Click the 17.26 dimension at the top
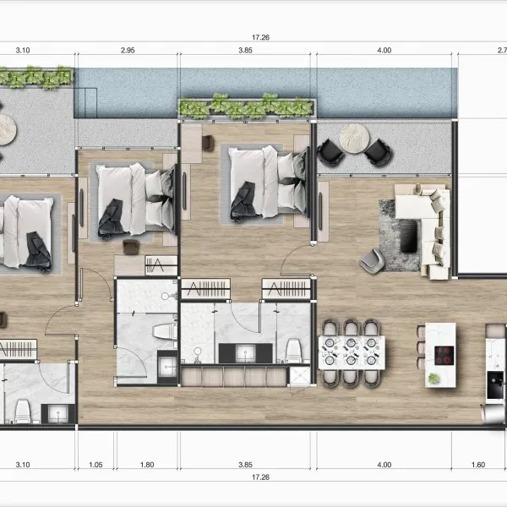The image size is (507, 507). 260,37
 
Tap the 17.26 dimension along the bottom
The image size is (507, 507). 260,477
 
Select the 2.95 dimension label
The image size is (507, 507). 128,51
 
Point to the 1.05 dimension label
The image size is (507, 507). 95,465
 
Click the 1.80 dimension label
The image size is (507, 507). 147,465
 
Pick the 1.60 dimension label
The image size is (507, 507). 478,465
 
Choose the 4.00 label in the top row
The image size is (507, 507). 384,51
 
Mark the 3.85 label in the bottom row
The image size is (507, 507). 245,465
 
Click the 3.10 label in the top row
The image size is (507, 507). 23,51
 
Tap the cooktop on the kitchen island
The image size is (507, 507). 444,356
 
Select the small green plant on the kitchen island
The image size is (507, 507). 433,378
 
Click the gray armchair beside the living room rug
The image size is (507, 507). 372,260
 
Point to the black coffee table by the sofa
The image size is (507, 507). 408,236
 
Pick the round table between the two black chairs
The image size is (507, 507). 354,139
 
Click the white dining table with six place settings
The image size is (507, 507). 352,352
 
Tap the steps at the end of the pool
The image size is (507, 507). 85,102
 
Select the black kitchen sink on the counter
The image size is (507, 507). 495,384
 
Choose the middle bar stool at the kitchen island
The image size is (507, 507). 421,347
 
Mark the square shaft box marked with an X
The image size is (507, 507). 299,375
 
